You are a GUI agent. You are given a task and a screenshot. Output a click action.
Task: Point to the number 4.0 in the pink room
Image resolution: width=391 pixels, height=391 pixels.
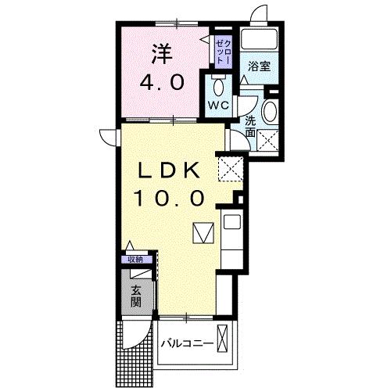pos(162,81)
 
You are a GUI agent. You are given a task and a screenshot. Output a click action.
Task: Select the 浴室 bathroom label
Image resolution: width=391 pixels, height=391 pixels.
pos(259,66)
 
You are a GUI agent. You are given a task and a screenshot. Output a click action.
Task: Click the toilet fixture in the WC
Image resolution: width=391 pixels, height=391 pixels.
pos(218,84)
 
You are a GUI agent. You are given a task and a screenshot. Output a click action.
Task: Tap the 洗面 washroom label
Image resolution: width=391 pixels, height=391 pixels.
pos(250,127)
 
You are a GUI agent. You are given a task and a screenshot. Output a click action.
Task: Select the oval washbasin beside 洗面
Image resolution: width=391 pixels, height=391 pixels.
pos(270,111)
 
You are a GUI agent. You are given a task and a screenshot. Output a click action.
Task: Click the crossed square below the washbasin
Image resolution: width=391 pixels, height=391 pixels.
pos(270,141)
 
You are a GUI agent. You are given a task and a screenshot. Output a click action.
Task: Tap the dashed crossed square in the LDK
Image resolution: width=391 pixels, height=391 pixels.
pos(230,167)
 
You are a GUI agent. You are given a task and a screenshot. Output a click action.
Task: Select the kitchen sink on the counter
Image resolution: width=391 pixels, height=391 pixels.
pos(232,221)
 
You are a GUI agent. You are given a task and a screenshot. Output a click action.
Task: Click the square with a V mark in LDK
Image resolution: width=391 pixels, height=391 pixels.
pos(203,233)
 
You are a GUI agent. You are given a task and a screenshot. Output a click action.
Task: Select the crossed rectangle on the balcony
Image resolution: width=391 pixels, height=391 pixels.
pos(225,343)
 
